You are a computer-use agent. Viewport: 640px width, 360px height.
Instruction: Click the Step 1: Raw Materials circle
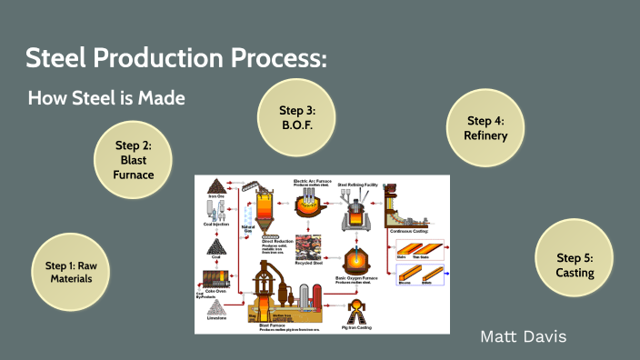[70, 272]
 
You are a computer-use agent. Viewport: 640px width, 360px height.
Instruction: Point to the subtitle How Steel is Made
[106, 98]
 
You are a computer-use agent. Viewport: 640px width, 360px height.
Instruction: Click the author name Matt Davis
[523, 336]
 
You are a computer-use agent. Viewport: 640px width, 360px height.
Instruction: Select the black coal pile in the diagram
[216, 246]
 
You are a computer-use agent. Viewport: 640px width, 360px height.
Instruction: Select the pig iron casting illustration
[357, 309]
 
